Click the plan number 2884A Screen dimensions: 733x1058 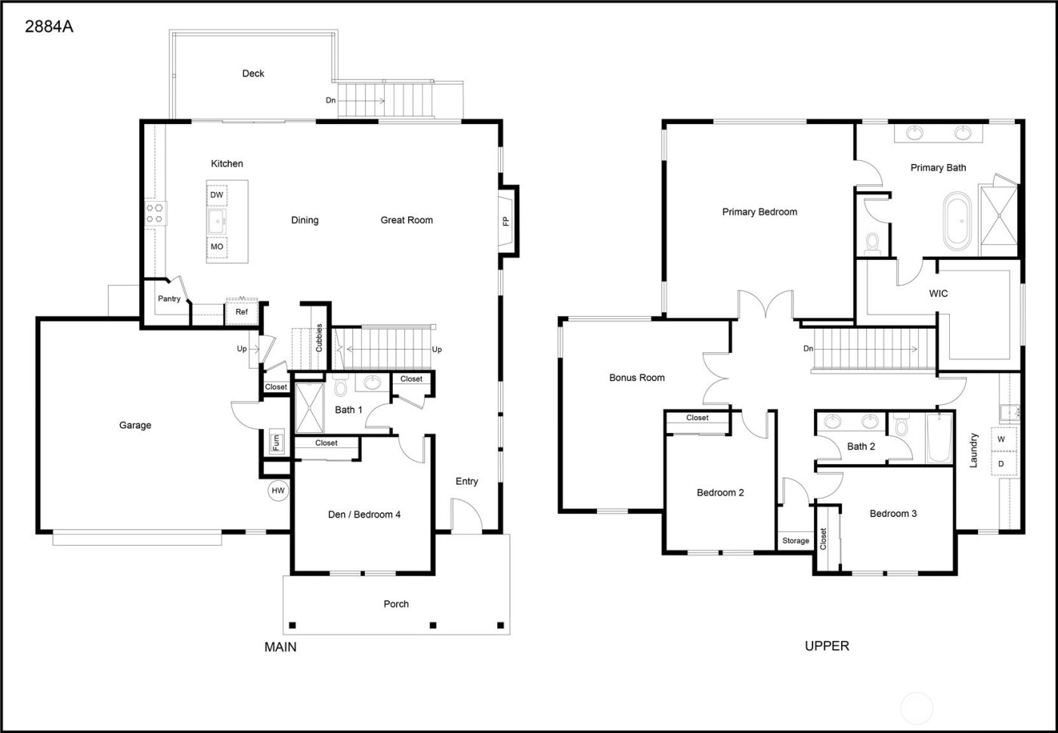pos(49,27)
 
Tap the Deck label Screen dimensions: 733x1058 pos(253,73)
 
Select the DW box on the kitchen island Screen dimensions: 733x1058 pos(217,195)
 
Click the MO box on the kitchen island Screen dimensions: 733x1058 pos(217,247)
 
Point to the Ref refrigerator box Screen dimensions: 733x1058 pos(241,311)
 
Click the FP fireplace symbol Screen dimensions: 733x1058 pos(506,221)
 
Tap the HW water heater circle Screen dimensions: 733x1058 pos(278,491)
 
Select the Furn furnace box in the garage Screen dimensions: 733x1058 pos(277,442)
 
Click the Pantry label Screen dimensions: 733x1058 pos(169,299)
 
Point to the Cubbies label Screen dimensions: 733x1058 pos(319,338)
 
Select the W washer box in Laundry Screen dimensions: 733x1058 pos(1001,439)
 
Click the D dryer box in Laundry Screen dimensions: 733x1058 pos(1001,463)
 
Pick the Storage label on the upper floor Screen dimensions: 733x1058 pos(795,541)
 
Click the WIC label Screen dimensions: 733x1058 pos(938,293)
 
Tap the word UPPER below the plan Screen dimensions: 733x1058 pos(827,646)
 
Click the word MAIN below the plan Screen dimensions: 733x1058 pos(280,647)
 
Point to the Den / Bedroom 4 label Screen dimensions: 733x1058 pos(364,515)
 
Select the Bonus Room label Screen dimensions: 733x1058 pos(637,378)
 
